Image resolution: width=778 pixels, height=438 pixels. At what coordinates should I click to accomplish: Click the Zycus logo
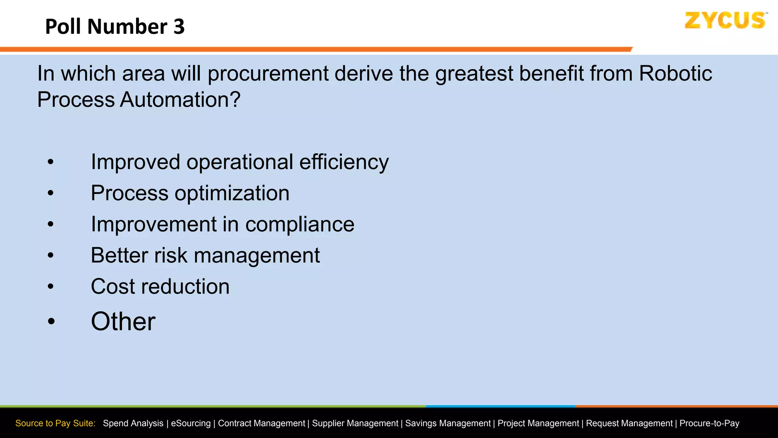(725, 21)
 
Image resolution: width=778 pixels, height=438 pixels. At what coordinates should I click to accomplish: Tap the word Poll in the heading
(63, 27)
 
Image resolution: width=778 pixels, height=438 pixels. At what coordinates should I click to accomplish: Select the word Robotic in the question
(675, 73)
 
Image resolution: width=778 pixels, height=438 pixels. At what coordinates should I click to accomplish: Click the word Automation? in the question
(180, 100)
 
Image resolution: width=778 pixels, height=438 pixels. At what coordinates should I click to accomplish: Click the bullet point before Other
(51, 322)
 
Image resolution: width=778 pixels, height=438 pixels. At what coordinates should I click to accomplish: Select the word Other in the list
(123, 322)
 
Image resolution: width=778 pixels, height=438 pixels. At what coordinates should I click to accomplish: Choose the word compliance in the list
(300, 224)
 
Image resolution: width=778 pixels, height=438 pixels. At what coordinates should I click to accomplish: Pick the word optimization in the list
(232, 194)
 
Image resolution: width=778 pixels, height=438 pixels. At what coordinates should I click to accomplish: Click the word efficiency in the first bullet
(344, 162)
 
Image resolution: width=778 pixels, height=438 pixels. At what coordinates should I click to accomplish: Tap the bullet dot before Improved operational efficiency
(51, 162)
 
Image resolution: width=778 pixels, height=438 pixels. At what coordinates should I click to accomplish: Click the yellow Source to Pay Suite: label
(55, 423)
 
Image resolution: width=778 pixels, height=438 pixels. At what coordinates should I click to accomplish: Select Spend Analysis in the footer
(133, 423)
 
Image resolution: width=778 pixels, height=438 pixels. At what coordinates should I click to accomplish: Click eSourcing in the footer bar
(190, 423)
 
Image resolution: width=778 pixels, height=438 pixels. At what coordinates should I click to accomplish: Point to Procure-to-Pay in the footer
(709, 423)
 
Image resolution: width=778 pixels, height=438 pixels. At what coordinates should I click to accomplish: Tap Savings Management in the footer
(448, 423)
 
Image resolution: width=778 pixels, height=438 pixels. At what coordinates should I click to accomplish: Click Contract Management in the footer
(261, 423)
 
